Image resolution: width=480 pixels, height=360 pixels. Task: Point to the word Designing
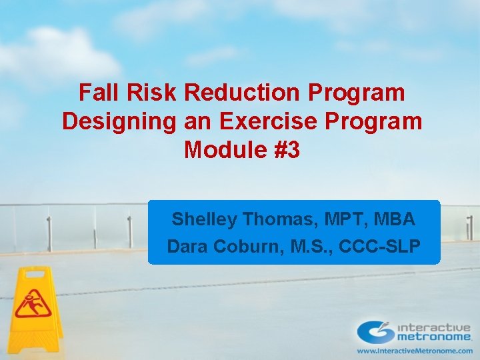coord(116,121)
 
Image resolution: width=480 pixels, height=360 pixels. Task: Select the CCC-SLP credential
coord(379,247)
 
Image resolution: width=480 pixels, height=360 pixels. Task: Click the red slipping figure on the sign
coord(32,304)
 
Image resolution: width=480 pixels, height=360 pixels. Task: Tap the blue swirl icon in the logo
coord(375,331)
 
